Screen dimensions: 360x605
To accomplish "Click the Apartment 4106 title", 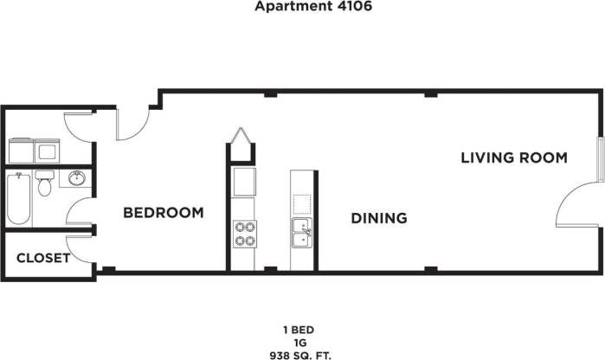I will [x=302, y=6].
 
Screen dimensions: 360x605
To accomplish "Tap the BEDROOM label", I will [x=164, y=213].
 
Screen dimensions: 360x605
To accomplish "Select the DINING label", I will [x=379, y=218].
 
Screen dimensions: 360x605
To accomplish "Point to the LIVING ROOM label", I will [x=513, y=157].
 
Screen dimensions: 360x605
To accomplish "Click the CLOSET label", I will [x=43, y=258].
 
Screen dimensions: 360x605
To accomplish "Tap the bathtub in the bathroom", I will [x=20, y=198].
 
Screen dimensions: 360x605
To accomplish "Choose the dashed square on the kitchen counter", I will [x=302, y=205].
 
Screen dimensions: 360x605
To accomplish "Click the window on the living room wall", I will [x=598, y=158].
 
